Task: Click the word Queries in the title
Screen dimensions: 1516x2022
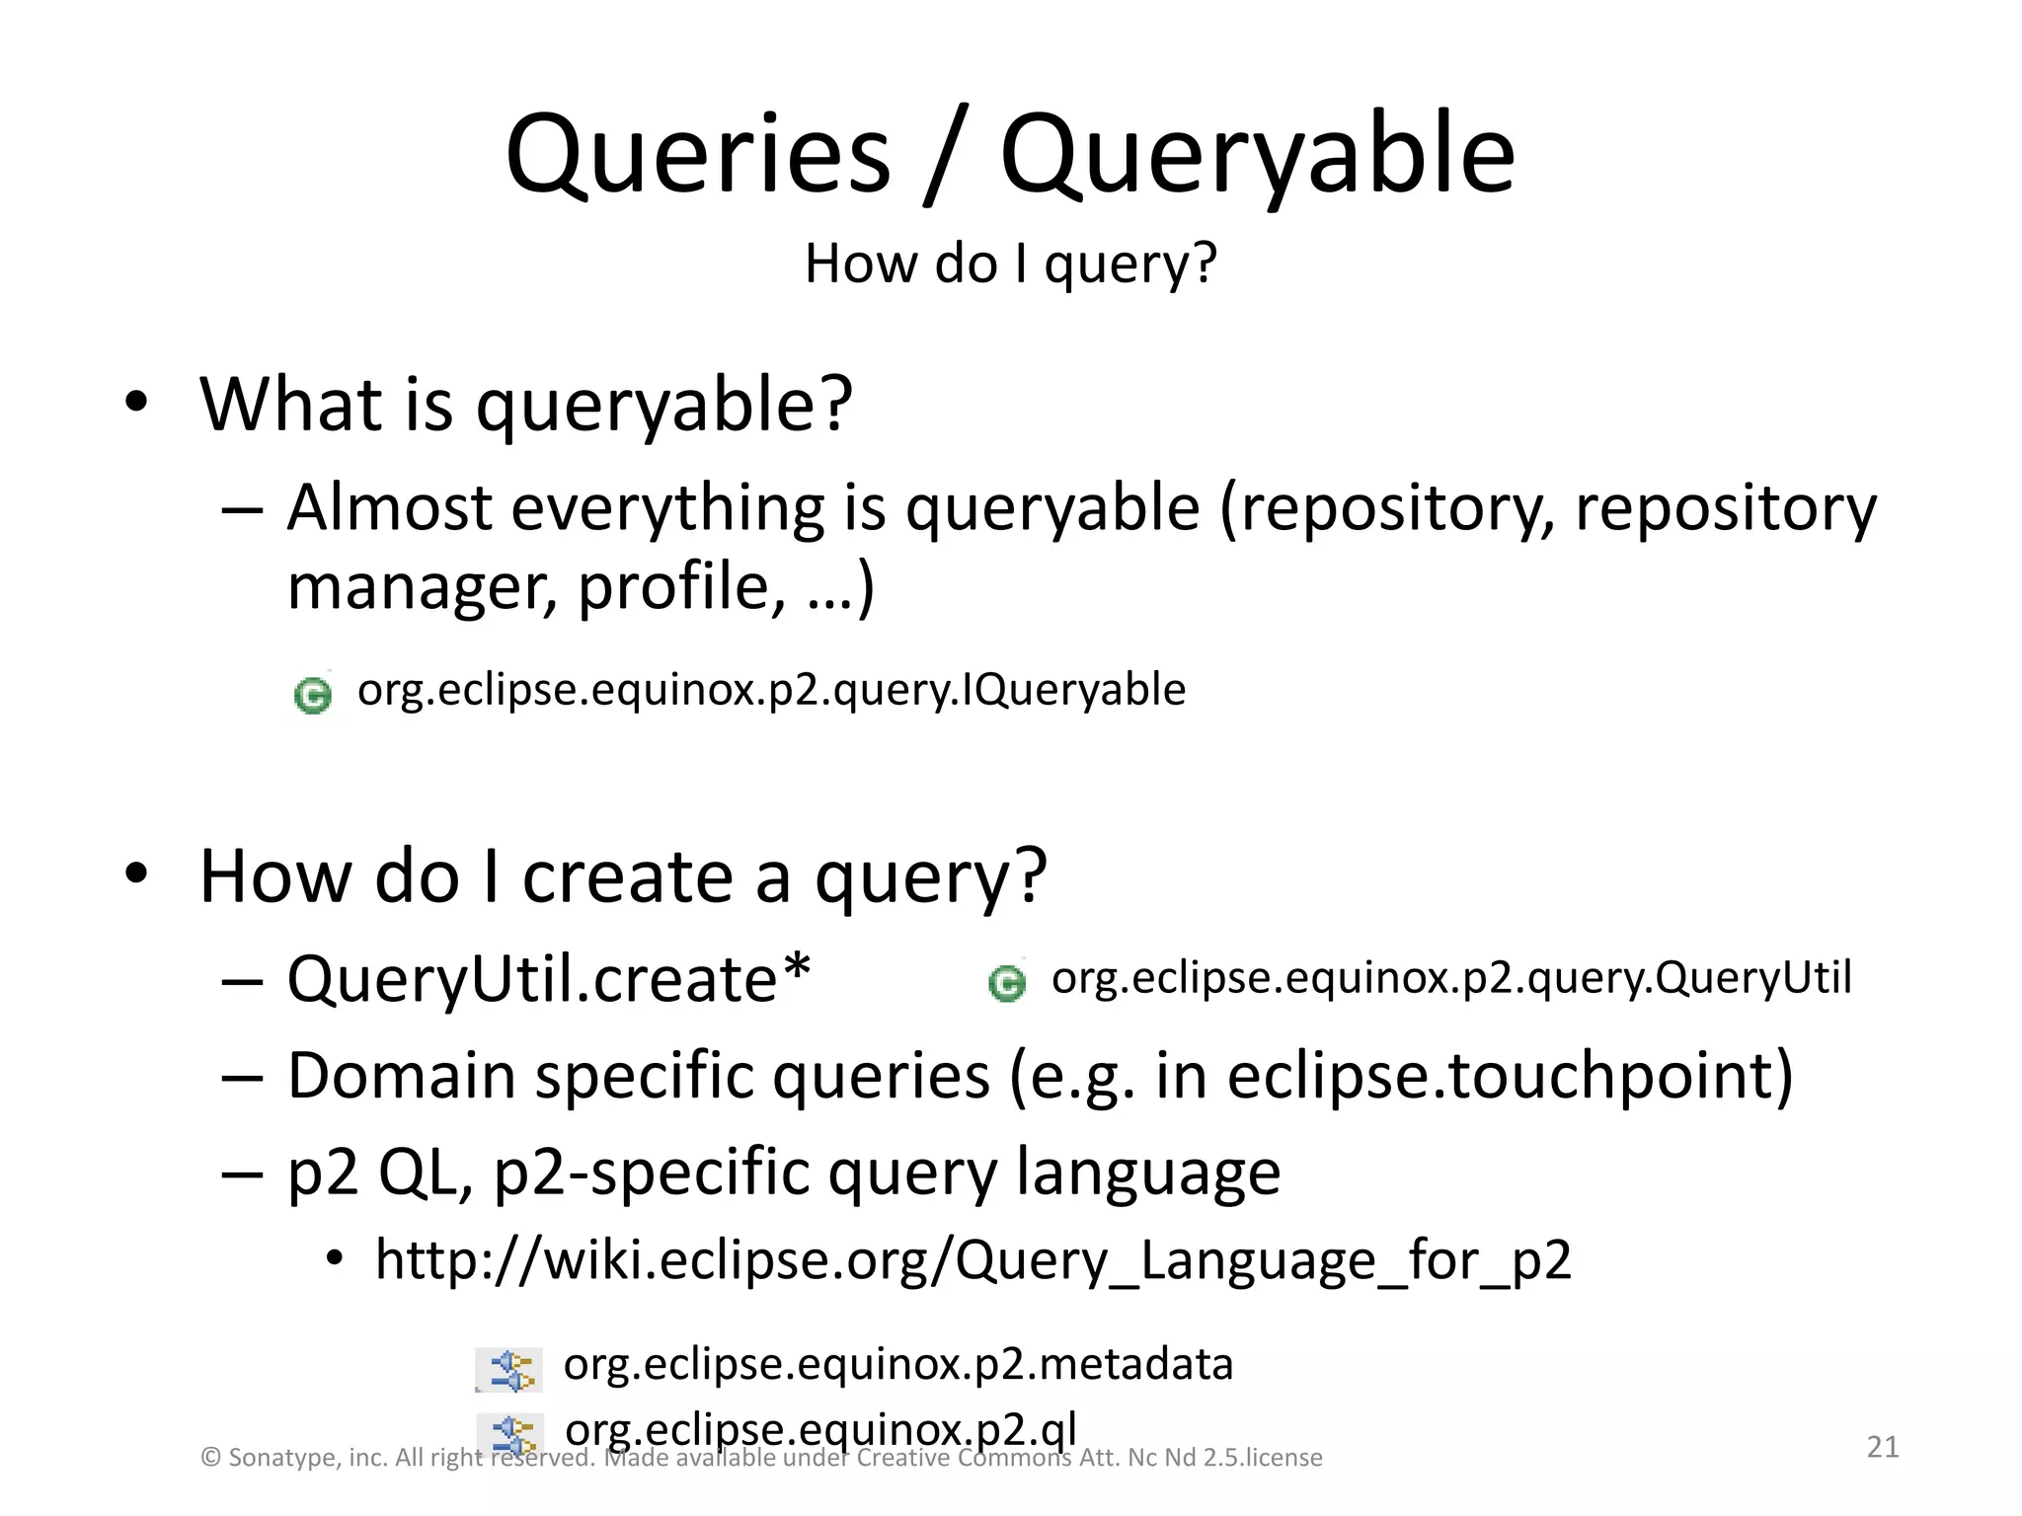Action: tap(697, 156)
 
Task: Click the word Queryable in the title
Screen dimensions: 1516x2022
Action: tap(1257, 156)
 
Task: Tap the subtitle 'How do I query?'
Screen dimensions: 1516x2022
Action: tap(1010, 265)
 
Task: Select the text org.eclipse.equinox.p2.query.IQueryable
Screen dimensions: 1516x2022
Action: tap(771, 690)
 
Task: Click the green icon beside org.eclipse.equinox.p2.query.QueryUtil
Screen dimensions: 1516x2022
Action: tap(1007, 983)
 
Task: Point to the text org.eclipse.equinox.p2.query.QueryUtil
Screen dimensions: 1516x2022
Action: tap(1451, 978)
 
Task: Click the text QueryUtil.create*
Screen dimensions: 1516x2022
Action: tap(549, 980)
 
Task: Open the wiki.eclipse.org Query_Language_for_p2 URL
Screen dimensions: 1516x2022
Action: tap(972, 1260)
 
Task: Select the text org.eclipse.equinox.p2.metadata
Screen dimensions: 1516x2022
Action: tap(897, 1365)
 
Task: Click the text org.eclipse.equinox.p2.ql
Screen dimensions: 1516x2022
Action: tap(819, 1428)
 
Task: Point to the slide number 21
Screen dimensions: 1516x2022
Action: tap(1883, 1447)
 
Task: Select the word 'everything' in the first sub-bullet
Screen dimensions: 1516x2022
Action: tap(666, 508)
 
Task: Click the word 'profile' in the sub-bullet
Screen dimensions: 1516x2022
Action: tap(672, 587)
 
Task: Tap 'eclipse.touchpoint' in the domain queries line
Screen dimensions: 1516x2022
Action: tap(1509, 1076)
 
